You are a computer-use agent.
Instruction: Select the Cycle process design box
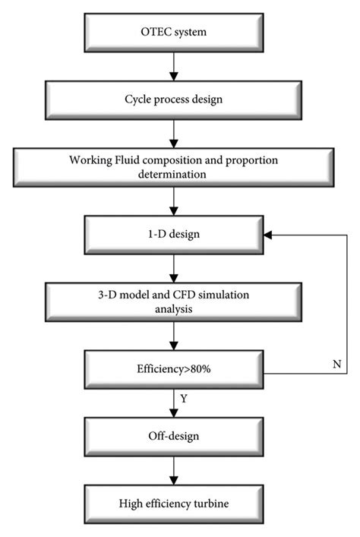(x=174, y=99)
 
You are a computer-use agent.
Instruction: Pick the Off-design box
(x=174, y=438)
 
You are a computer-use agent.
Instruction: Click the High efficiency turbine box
(x=174, y=503)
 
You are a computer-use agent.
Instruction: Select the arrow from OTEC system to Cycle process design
(x=174, y=66)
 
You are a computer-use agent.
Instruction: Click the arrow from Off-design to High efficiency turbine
(x=174, y=471)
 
